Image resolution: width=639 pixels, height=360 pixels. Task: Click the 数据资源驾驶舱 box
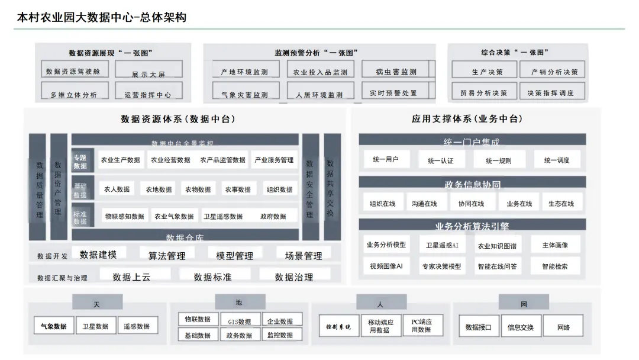click(74, 70)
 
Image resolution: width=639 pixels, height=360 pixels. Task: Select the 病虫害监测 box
click(396, 71)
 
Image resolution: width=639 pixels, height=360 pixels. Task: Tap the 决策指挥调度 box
click(550, 92)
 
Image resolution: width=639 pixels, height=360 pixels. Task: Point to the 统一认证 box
click(440, 160)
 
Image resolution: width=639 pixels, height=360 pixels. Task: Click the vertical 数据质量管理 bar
click(38, 187)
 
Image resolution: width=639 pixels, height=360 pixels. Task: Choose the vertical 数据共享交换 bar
click(331, 187)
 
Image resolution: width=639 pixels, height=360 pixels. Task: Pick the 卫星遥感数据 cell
click(223, 217)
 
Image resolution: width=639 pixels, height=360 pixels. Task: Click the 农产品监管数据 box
click(222, 160)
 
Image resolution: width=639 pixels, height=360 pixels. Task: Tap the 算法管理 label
click(167, 255)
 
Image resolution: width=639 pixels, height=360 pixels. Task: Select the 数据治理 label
click(294, 277)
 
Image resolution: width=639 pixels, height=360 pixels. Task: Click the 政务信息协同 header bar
click(472, 184)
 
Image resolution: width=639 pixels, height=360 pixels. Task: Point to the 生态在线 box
click(561, 204)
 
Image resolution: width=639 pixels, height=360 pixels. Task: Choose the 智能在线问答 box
click(497, 266)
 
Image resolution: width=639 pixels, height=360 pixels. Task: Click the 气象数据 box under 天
click(54, 326)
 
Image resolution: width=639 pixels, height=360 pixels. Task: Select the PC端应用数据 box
click(421, 326)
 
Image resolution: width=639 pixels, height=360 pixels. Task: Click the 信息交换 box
click(521, 327)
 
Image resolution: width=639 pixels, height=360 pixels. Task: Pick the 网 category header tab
click(524, 304)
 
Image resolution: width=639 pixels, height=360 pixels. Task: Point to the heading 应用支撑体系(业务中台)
click(467, 119)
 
